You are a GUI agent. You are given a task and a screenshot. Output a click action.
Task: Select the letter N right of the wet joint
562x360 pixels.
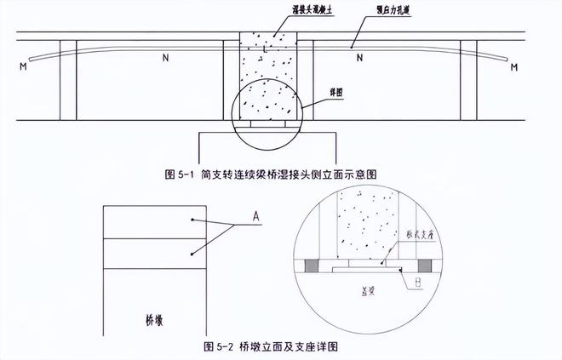[360, 59]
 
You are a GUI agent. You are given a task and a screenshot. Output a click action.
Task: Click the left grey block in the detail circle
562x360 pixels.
[312, 267]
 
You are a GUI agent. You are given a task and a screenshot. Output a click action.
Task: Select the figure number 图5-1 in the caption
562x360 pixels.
[181, 173]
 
